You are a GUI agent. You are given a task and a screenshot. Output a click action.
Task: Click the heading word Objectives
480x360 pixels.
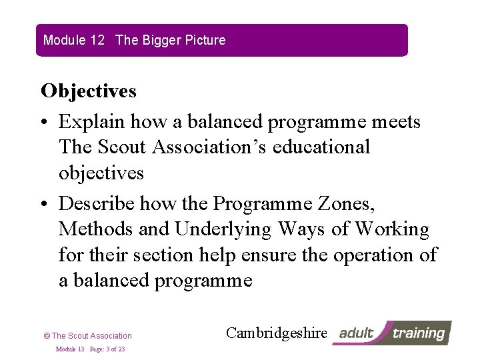tap(89, 91)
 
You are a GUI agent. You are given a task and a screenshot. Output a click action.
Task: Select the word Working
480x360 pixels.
tap(392, 229)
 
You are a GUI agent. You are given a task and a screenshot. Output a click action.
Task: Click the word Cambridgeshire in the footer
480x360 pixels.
tap(277, 333)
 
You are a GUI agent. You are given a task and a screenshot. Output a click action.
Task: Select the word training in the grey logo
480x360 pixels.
tap(419, 333)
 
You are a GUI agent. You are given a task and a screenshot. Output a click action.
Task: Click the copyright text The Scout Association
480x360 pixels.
tap(92, 336)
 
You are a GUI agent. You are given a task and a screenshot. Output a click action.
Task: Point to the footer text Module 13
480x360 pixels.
tap(70, 349)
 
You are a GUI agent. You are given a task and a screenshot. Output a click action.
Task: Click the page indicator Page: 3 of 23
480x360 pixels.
tap(107, 349)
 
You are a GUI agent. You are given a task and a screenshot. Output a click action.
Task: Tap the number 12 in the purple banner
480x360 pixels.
tap(97, 40)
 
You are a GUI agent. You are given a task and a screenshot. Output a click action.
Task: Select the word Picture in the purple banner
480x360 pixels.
tap(206, 40)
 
